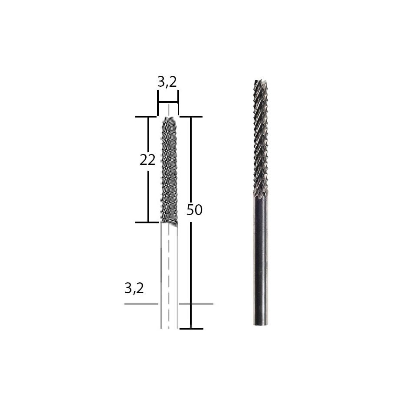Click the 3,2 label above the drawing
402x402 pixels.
(x=167, y=82)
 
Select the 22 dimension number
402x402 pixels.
(x=147, y=160)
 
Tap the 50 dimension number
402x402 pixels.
(x=194, y=210)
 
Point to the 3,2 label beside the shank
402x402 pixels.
(x=134, y=288)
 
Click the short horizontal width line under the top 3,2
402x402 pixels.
(x=167, y=102)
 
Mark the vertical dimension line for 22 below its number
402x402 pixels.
(x=148, y=195)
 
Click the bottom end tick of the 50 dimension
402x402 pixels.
(x=191, y=328)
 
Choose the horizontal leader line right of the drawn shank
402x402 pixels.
(x=196, y=304)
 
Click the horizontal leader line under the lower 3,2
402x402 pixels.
(x=141, y=304)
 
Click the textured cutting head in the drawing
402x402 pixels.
(x=169, y=169)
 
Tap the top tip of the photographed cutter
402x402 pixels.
(x=260, y=81)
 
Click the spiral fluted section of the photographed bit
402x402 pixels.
(x=260, y=139)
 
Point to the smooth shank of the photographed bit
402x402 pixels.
(x=260, y=260)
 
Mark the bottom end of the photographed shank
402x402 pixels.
(x=260, y=324)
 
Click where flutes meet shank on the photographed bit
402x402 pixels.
(x=260, y=198)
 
